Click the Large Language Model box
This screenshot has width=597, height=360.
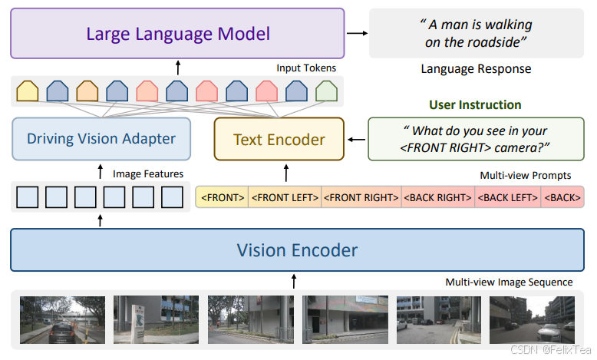pos(177,34)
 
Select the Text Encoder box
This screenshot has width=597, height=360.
pos(279,139)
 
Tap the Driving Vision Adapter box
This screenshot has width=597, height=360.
pos(101,139)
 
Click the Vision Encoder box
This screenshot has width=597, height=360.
pos(297,250)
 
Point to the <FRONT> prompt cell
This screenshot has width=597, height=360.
pos(223,198)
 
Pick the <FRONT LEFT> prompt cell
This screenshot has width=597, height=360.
pos(285,198)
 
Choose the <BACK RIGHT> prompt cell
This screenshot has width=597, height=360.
pos(437,198)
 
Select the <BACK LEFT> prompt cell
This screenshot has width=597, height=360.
pos(508,198)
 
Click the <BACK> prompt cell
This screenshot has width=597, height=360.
pos(562,198)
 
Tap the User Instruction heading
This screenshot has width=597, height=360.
pos(475,104)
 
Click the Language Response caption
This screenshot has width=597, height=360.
pos(476,69)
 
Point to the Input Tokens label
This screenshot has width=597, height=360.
pos(306,68)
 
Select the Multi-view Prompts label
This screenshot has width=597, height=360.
pos(526,176)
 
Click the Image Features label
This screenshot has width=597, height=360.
pos(148,174)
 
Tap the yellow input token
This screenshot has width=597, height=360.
pos(28,92)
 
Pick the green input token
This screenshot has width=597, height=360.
pos(326,92)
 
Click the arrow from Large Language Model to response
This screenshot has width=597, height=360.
pos(355,33)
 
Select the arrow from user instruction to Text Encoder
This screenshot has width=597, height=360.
pos(355,140)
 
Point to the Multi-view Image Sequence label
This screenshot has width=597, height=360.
pos(510,282)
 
